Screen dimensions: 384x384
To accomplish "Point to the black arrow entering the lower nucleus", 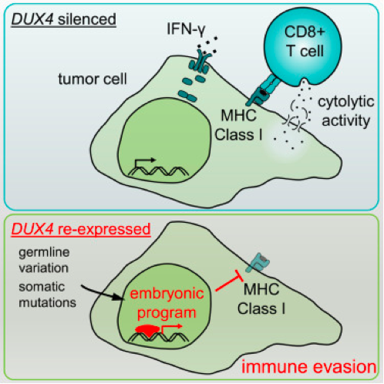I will [x=101, y=296].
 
